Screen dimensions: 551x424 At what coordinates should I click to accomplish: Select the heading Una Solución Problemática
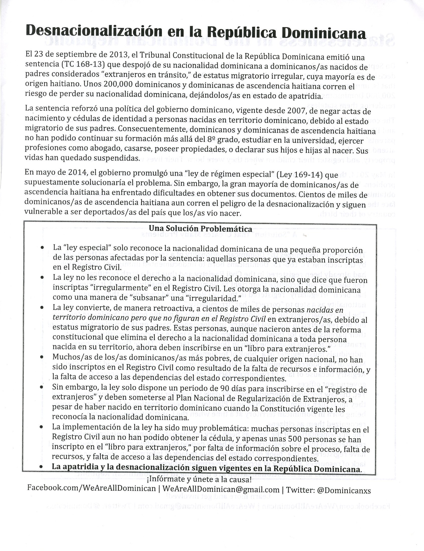click(x=200, y=229)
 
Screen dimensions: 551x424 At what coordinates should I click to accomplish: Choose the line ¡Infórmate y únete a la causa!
click(x=199, y=479)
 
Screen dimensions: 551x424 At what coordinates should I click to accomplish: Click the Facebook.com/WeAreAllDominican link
click(x=91, y=488)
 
